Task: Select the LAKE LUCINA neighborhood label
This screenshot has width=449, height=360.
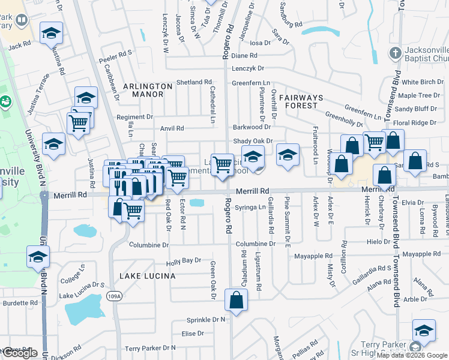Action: coord(148,276)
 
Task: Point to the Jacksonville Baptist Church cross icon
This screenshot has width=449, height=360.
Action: coord(395,53)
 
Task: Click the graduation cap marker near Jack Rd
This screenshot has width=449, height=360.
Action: coord(52,33)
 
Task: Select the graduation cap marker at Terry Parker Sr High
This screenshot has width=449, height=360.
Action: coord(424,331)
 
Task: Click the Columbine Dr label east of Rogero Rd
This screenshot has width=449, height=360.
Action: coord(255,244)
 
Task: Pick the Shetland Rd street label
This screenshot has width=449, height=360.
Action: coord(194,82)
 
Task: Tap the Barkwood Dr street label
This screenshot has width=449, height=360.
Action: coord(252,127)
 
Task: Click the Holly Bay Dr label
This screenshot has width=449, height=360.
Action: coord(183,261)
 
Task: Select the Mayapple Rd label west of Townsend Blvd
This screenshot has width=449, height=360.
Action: coord(313,256)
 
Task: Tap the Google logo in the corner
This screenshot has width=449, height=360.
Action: coord(20,353)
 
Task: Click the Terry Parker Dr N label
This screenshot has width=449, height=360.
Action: coord(150,348)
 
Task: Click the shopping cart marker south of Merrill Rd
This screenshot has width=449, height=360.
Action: coord(132,210)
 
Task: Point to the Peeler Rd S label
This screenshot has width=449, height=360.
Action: coord(116,53)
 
